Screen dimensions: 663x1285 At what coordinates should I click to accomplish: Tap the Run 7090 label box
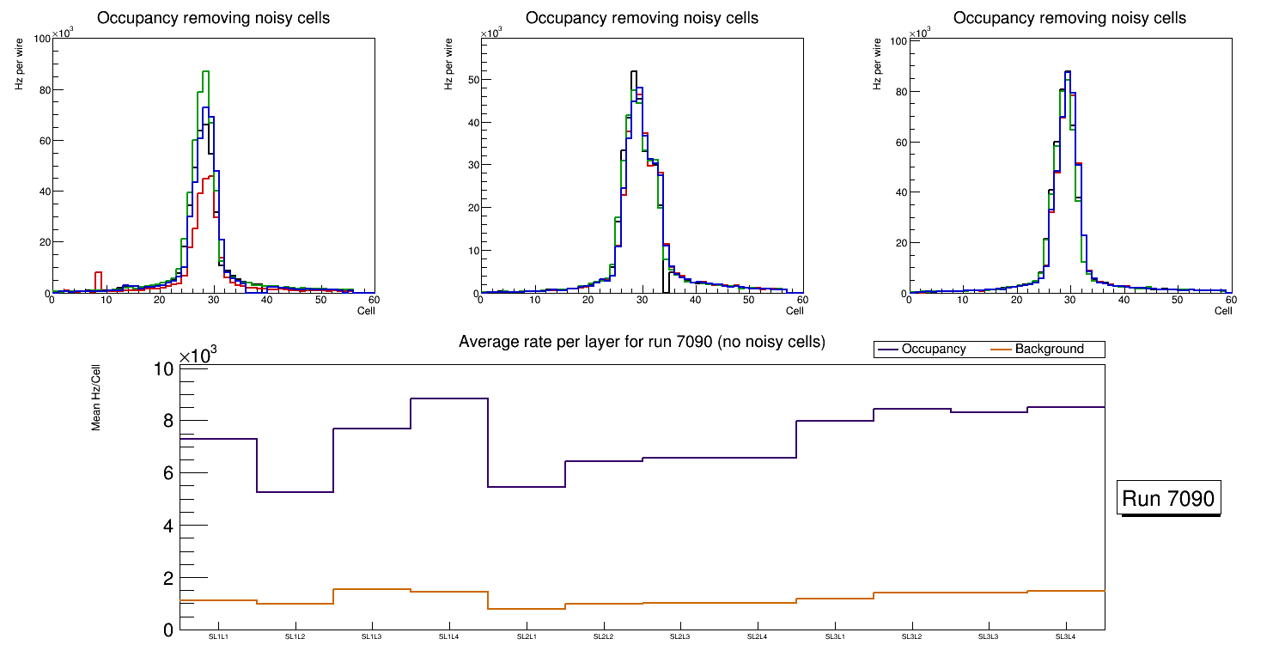[1170, 498]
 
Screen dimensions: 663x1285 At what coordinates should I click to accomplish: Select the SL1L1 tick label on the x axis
[218, 636]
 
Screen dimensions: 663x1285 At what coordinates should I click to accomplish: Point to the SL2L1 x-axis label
[527, 636]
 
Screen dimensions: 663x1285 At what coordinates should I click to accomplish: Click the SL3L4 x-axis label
[1066, 636]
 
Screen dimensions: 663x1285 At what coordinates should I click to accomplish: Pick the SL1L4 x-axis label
[449, 636]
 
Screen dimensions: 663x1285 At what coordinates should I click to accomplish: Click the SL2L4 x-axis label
[758, 636]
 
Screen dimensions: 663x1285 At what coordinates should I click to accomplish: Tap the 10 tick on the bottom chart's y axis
[163, 369]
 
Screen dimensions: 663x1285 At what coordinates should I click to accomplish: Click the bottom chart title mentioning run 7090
[642, 342]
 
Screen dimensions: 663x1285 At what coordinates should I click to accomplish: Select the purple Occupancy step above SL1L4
[449, 398]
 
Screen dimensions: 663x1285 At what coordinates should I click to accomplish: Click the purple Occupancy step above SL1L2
[295, 492]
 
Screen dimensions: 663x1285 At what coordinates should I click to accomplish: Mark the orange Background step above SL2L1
[527, 609]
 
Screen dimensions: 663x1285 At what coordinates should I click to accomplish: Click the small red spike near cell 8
[99, 273]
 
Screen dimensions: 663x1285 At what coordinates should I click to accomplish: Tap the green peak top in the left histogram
[205, 71]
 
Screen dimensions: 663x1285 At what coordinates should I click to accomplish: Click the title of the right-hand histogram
[1069, 17]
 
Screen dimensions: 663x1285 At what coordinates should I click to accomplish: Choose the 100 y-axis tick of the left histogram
[41, 39]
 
